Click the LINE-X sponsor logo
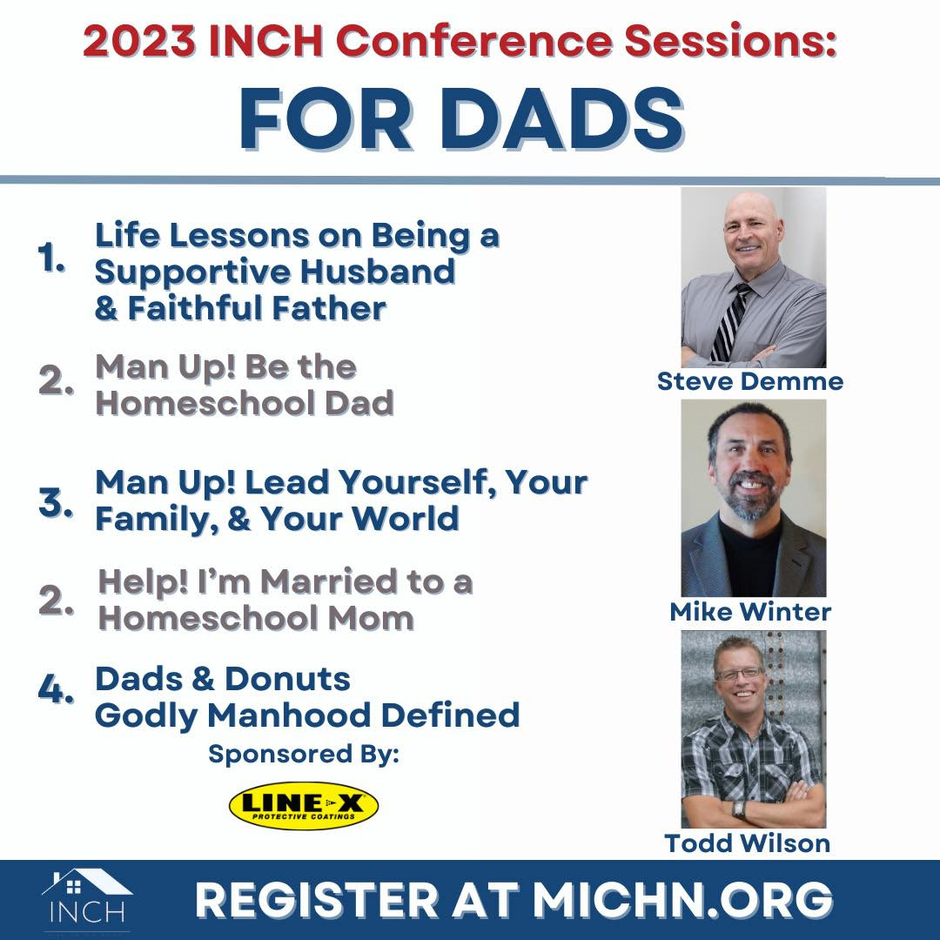pyautogui.click(x=304, y=805)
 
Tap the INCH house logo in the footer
pyautogui.click(x=88, y=897)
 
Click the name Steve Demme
pyautogui.click(x=750, y=381)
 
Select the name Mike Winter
pyautogui.click(x=750, y=612)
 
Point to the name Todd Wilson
pyautogui.click(x=747, y=843)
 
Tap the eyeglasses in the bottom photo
pyautogui.click(x=740, y=674)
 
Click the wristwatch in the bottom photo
pyautogui.click(x=740, y=810)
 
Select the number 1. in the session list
pyautogui.click(x=51, y=259)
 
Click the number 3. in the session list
pyautogui.click(x=55, y=502)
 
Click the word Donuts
pyautogui.click(x=287, y=679)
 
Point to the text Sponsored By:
pyautogui.click(x=304, y=754)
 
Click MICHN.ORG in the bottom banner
pyautogui.click(x=682, y=899)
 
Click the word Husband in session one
pyautogui.click(x=377, y=272)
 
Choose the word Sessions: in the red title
pyautogui.click(x=729, y=41)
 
